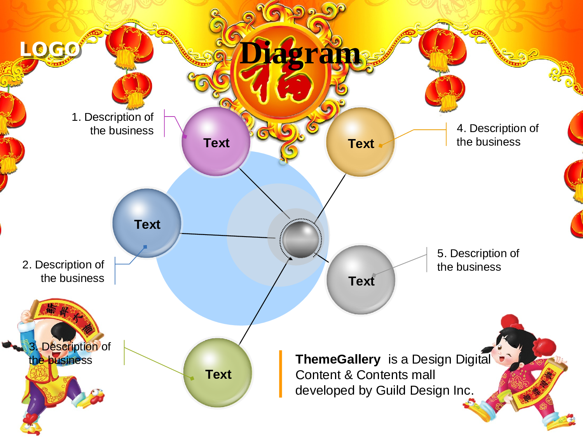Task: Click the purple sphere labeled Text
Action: click(x=216, y=142)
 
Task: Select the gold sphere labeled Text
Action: click(x=360, y=143)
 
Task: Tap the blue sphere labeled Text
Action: click(x=147, y=223)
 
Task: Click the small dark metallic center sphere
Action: click(x=300, y=239)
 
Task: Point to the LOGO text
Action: click(x=50, y=49)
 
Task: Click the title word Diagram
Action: click(x=300, y=53)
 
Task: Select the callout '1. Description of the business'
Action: click(x=113, y=124)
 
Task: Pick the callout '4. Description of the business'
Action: click(x=497, y=135)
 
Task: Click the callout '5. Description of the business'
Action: click(x=478, y=260)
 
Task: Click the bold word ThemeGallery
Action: click(x=338, y=359)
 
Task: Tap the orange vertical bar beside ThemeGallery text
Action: click(x=280, y=374)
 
